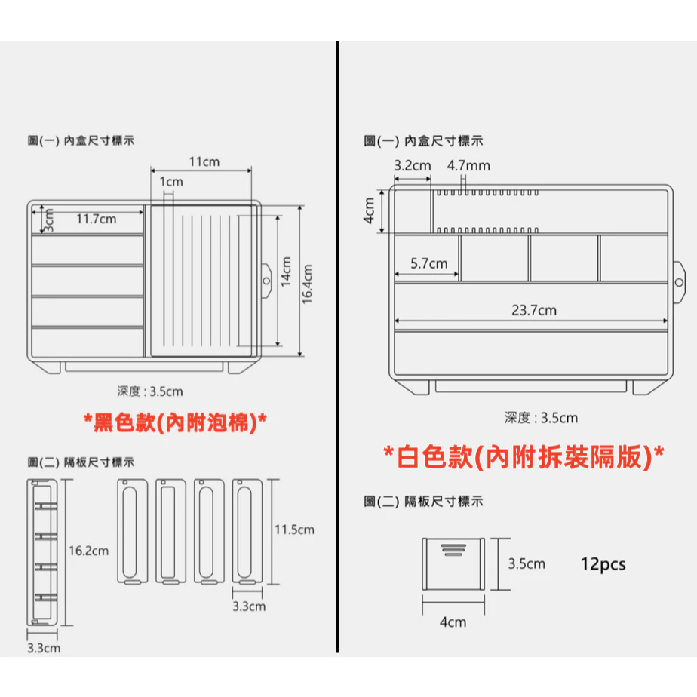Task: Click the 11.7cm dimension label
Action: [x=96, y=220]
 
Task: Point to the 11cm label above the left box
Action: [x=204, y=161]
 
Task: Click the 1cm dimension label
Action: [x=171, y=182]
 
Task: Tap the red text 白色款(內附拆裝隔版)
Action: [x=524, y=457]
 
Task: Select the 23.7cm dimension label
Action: [x=533, y=310]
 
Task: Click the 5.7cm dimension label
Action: [x=428, y=264]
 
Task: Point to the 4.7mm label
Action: [x=468, y=165]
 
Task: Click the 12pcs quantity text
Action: [x=603, y=563]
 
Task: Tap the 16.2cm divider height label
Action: [x=88, y=551]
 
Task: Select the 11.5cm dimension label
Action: [x=293, y=530]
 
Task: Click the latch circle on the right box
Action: [x=679, y=281]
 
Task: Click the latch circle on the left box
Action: [x=266, y=280]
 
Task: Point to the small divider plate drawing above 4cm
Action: [x=451, y=564]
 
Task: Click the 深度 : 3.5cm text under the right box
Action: [x=541, y=418]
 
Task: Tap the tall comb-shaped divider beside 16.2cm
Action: [x=42, y=551]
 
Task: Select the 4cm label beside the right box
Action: [x=370, y=211]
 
